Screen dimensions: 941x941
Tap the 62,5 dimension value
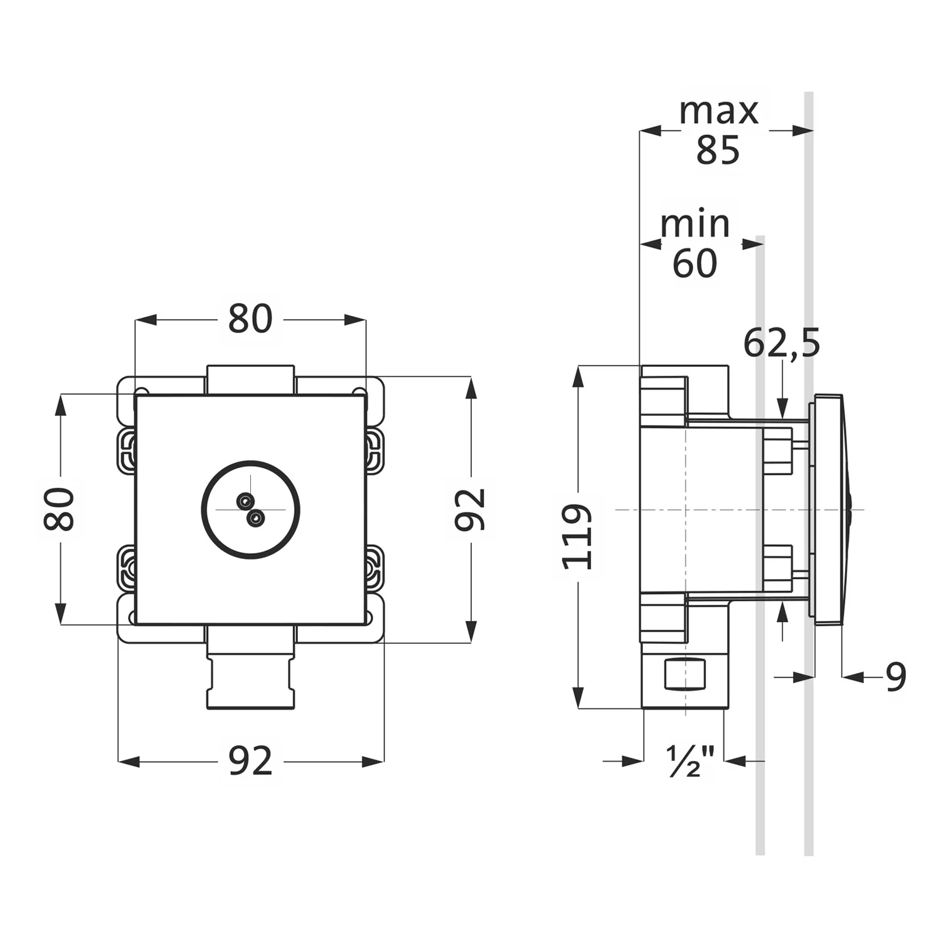click(x=782, y=343)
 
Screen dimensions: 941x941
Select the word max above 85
click(x=719, y=111)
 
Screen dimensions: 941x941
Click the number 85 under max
click(x=718, y=151)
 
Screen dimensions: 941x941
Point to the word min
click(x=695, y=223)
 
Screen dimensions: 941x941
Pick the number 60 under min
click(x=695, y=263)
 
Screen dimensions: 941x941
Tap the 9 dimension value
click(x=896, y=677)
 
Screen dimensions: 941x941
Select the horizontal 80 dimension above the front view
click(x=250, y=319)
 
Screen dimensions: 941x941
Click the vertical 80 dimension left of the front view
click(x=60, y=509)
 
